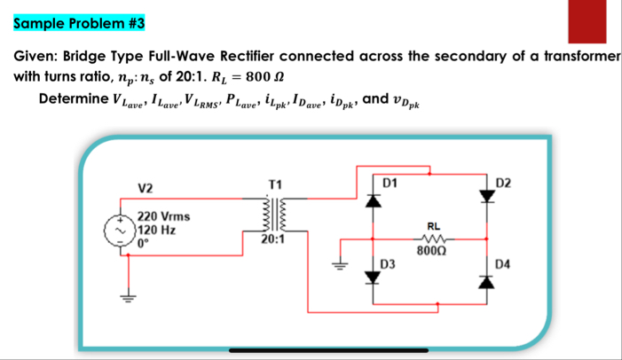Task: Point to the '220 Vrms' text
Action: click(x=160, y=216)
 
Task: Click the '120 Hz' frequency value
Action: click(x=154, y=229)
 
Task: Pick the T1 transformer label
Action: click(x=274, y=184)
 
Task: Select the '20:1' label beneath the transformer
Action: click(x=273, y=239)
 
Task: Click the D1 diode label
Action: click(x=389, y=183)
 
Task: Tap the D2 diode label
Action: click(x=504, y=183)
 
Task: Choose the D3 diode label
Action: click(x=387, y=263)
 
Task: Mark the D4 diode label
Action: click(x=504, y=263)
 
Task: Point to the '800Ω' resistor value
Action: click(x=434, y=252)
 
